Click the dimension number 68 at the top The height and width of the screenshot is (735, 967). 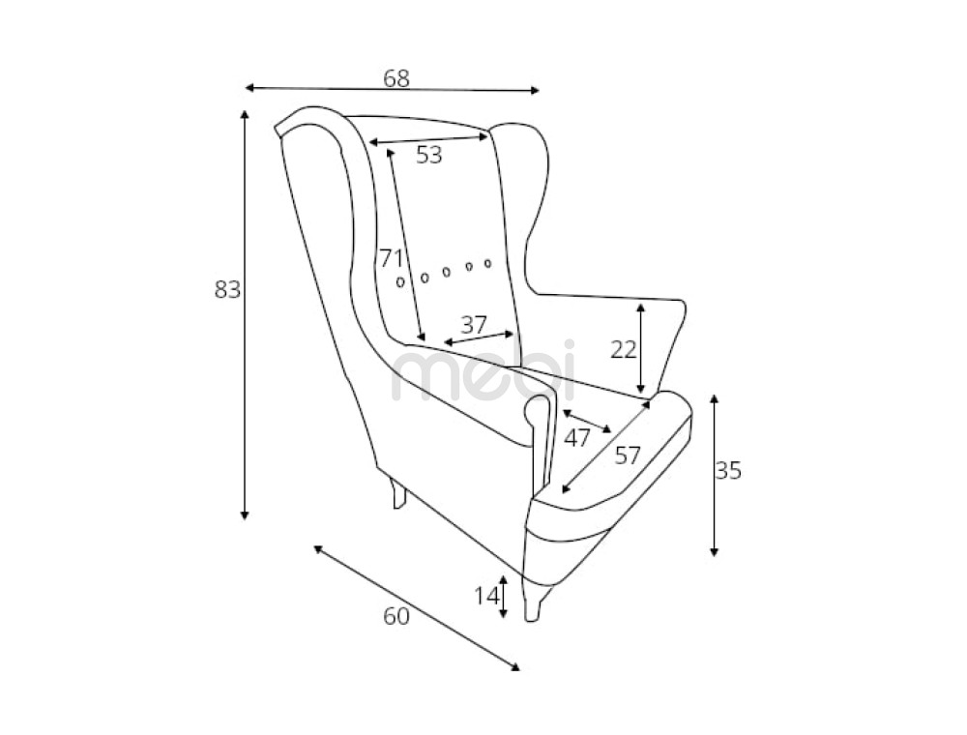coord(396,79)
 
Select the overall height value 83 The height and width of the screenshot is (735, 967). coord(227,288)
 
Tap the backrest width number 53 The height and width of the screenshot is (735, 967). coord(429,155)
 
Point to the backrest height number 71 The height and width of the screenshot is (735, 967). coord(391,258)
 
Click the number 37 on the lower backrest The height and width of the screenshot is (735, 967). coord(474,324)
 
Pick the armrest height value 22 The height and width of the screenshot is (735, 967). coord(624,350)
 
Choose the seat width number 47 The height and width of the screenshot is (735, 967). coord(577,438)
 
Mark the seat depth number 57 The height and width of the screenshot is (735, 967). coord(628,456)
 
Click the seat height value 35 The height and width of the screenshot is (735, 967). coord(728,470)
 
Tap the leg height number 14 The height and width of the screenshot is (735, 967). coord(486,596)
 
